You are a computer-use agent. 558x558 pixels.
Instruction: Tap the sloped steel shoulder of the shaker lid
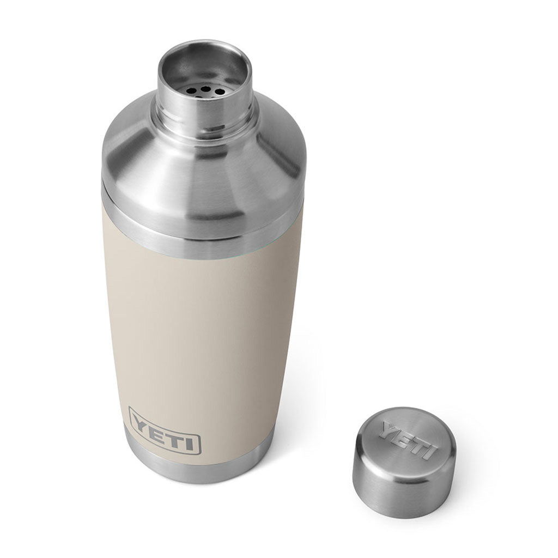click(163, 163)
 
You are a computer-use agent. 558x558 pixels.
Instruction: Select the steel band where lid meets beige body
click(202, 234)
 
